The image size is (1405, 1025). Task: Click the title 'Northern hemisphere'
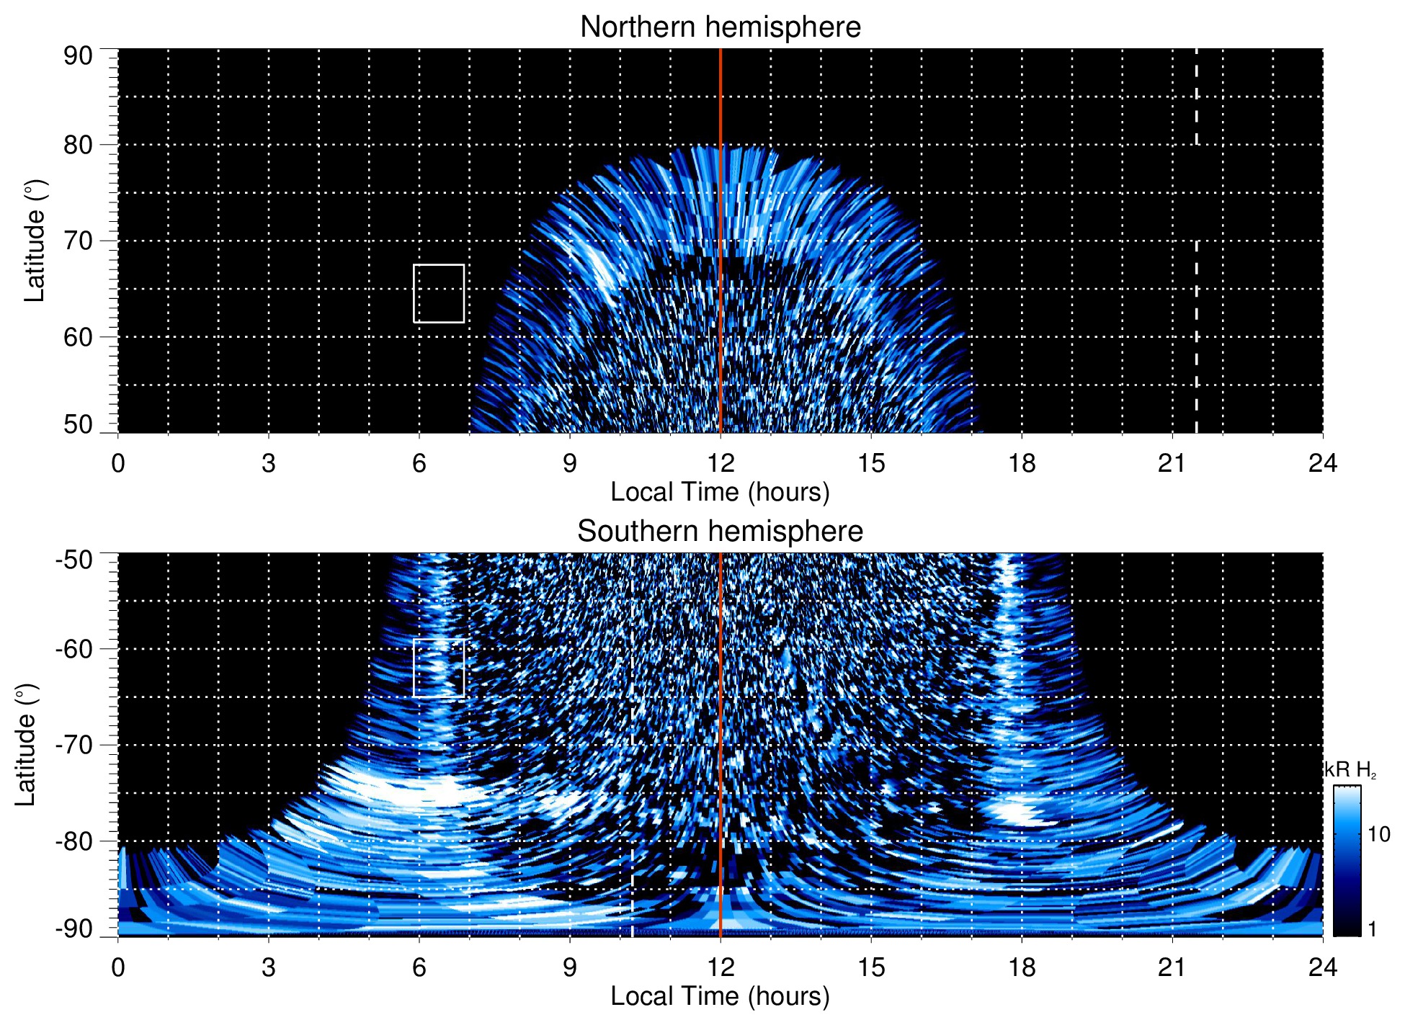[720, 27]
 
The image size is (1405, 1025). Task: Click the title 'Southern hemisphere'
[720, 532]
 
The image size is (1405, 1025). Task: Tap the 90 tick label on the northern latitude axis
[78, 56]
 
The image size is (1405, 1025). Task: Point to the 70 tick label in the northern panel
[78, 241]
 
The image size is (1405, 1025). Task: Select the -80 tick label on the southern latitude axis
[74, 841]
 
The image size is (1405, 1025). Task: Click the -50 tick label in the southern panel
[74, 560]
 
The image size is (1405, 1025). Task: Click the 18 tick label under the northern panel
[1021, 463]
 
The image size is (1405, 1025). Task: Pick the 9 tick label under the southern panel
[570, 967]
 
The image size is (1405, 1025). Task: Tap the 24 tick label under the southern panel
[1322, 967]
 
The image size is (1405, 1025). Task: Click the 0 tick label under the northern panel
[118, 463]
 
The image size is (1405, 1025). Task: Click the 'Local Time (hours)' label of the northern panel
[720, 493]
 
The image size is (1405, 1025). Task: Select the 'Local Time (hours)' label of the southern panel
[720, 997]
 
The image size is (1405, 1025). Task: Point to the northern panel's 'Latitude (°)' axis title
[35, 241]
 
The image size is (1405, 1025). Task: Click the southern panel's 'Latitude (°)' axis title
[26, 745]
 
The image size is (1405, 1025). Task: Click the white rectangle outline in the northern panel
[439, 266]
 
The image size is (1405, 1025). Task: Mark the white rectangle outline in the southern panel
[439, 640]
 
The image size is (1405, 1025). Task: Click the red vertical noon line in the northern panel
[721, 180]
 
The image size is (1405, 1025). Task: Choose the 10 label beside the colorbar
[1378, 835]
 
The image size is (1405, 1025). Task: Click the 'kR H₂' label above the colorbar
[1350, 770]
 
